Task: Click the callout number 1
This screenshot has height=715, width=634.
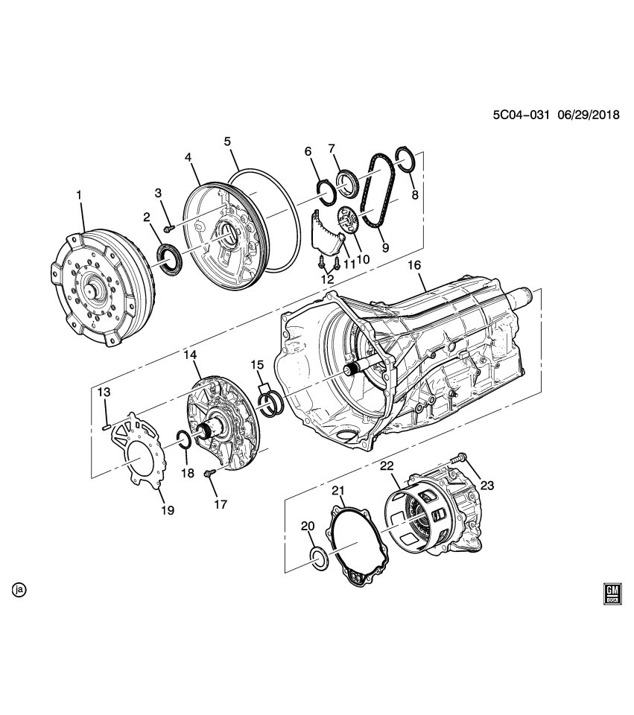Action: click(x=79, y=194)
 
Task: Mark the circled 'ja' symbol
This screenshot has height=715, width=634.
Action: click(x=19, y=590)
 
